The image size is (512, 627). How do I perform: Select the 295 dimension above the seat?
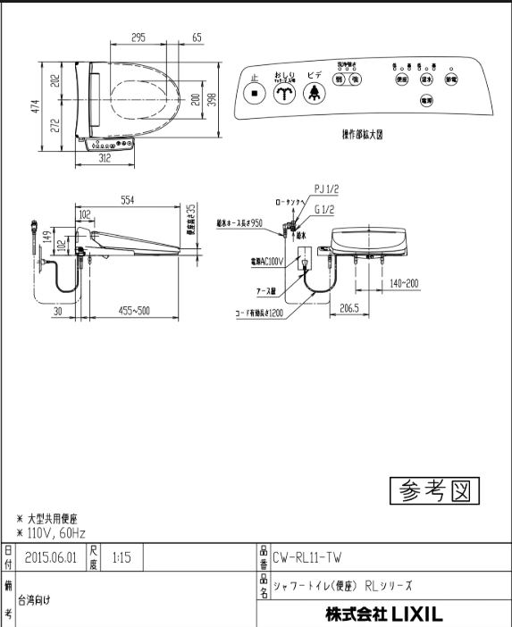138,38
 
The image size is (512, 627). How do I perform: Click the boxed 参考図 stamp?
434,490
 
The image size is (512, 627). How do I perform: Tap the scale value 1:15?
122,556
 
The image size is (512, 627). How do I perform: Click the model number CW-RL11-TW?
306,556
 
